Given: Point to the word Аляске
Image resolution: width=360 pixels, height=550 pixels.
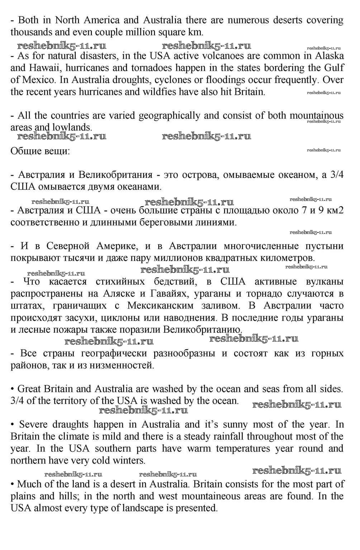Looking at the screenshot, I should tap(119, 294).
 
